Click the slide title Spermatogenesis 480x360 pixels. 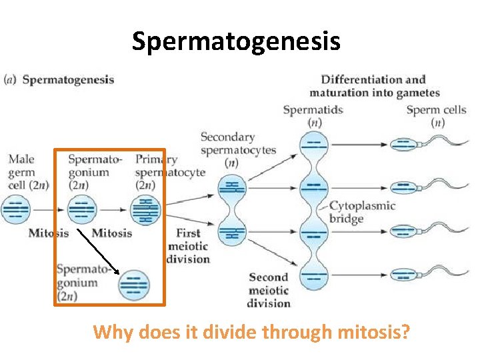[x=236, y=41]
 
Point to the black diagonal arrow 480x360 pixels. [x=98, y=251]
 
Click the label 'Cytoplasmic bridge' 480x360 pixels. [x=362, y=212]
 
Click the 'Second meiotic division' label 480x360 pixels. [x=268, y=290]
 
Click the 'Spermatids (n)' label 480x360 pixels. [x=313, y=116]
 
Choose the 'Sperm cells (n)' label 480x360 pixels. [x=436, y=116]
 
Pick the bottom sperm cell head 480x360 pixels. [x=402, y=275]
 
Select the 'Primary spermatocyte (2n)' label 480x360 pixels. [x=156, y=172]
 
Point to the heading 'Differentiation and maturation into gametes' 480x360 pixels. [x=374, y=86]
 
